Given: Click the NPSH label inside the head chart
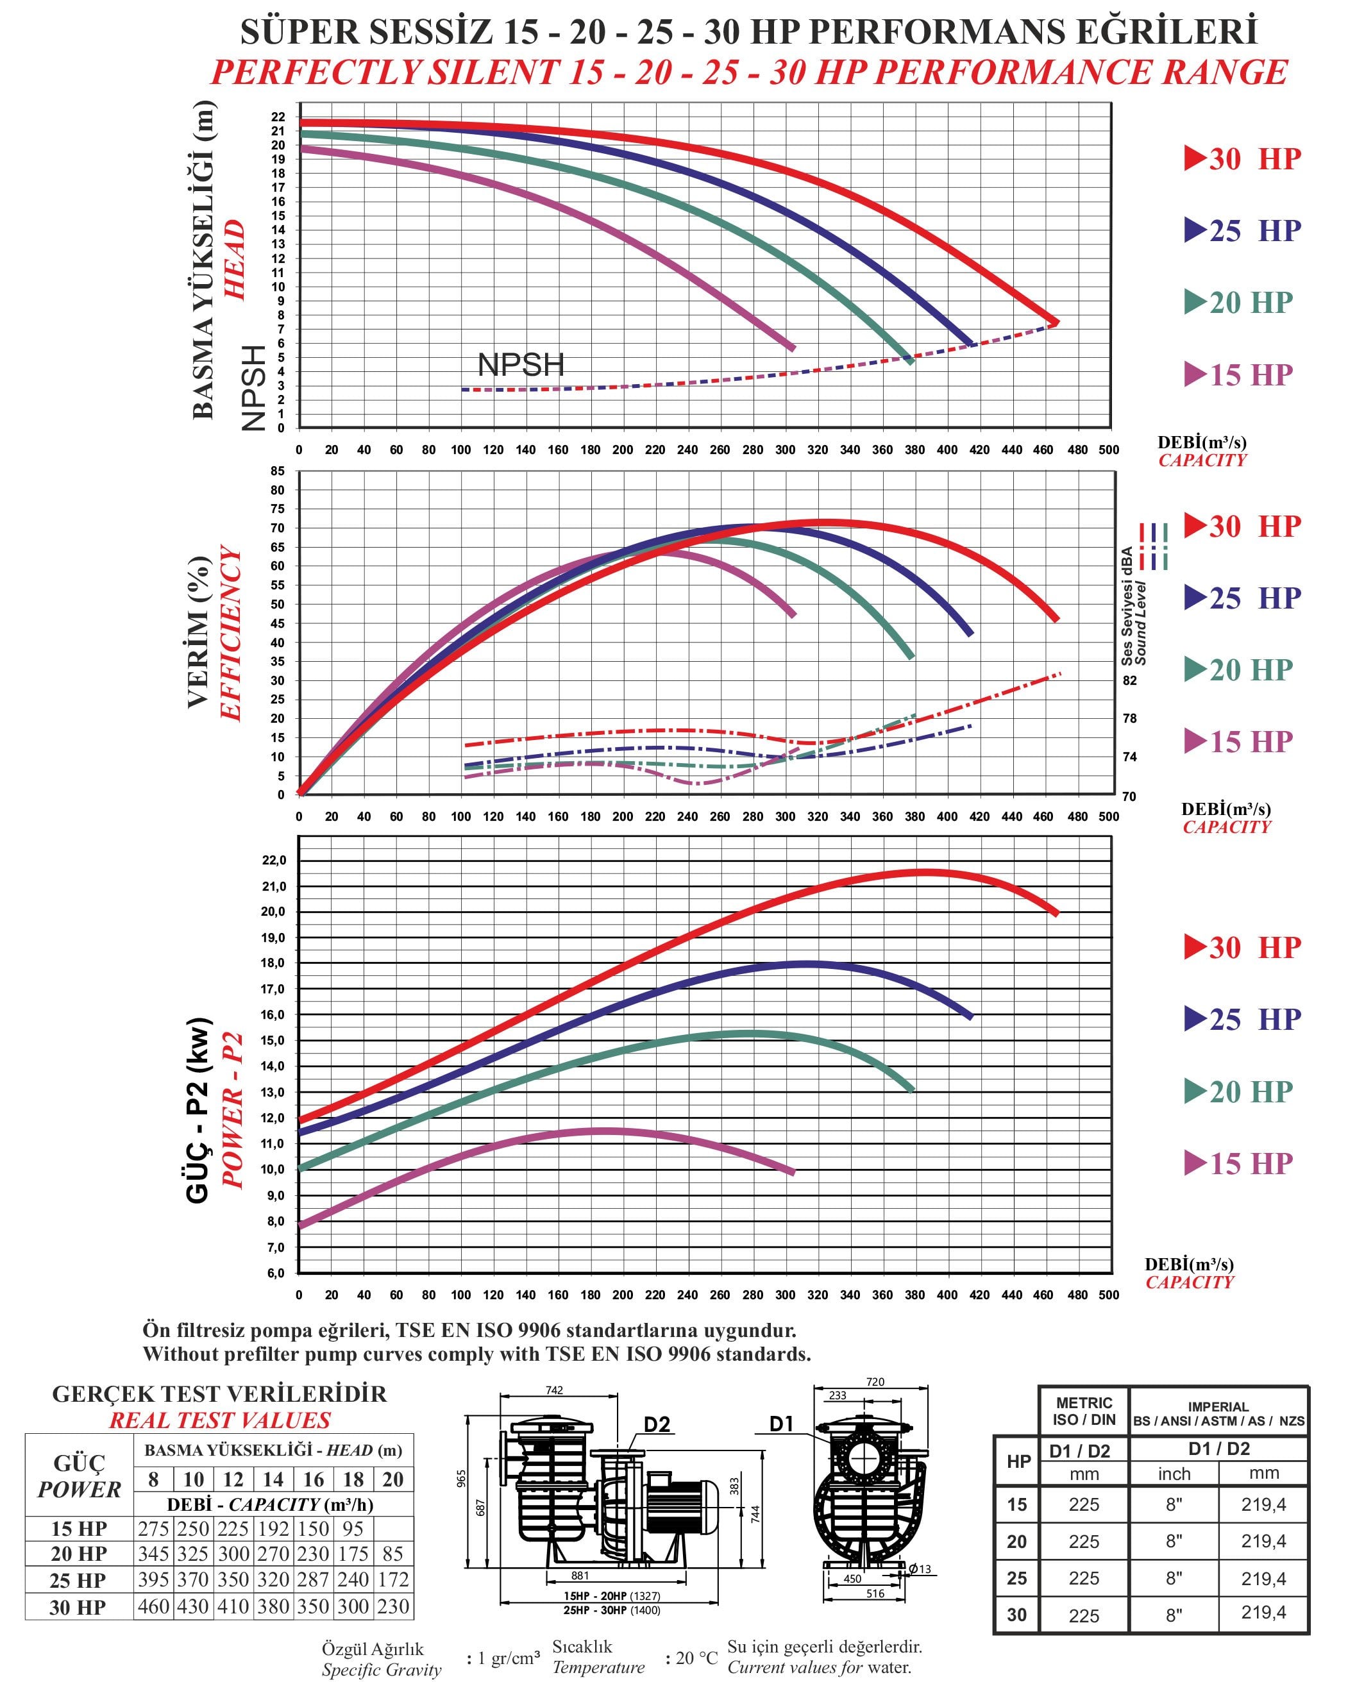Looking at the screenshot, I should [520, 365].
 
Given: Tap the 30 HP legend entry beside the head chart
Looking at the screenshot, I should [1243, 159].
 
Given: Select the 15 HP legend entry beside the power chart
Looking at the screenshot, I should [1239, 1163].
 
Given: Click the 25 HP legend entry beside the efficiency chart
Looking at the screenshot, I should [1243, 598].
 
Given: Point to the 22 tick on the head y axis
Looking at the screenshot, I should [278, 117].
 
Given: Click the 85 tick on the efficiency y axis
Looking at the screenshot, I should [278, 471].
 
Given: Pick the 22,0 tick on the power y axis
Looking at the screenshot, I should [274, 861].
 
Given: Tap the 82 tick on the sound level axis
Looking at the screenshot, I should [1129, 680].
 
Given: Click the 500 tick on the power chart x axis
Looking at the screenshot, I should [1109, 1295].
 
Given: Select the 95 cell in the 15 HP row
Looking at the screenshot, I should [353, 1528].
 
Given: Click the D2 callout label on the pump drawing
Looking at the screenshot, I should [657, 1425].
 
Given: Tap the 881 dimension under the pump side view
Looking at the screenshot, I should [580, 1575].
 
